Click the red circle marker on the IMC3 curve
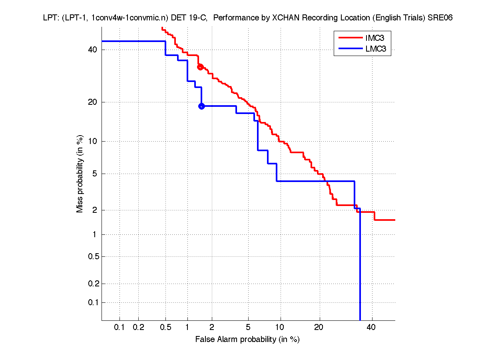tap(200, 67)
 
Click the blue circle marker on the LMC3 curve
tap(201, 106)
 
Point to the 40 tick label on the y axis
tap(93, 50)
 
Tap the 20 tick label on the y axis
tap(93, 102)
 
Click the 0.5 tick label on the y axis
tap(92, 256)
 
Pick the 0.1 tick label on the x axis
tap(120, 328)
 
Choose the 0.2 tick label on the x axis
tap(138, 328)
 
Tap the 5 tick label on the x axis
tap(248, 328)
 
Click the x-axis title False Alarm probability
tap(247, 340)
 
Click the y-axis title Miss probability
tap(80, 174)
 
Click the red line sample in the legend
tap(350, 38)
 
